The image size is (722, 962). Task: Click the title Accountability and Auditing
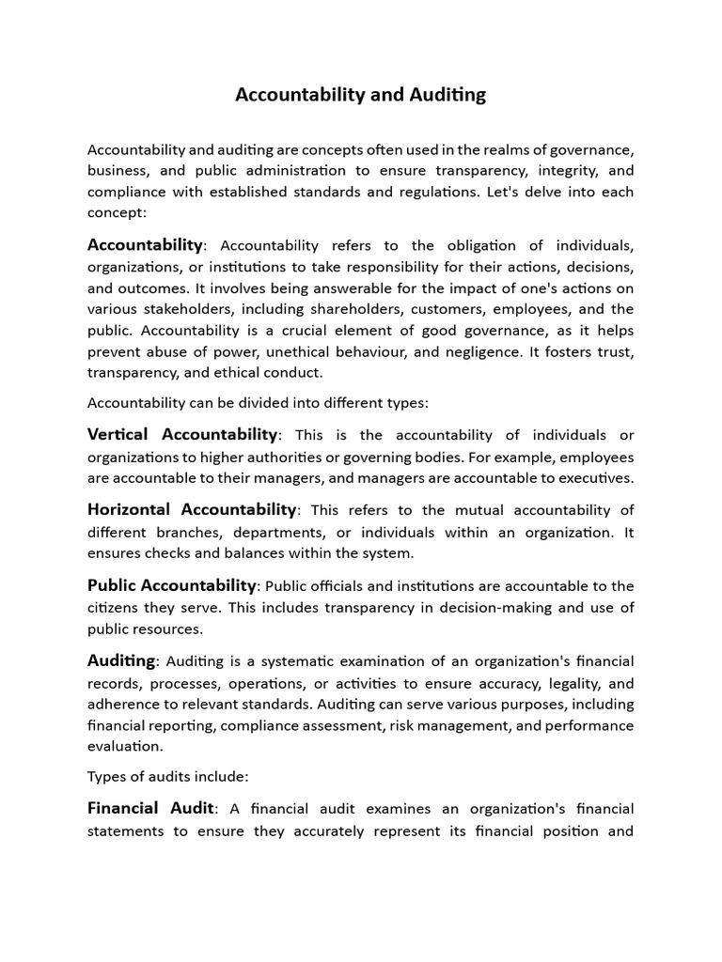[360, 95]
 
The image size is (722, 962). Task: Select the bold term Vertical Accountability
[182, 435]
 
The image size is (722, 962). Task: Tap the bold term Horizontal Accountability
[192, 510]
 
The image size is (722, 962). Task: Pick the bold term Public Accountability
[171, 585]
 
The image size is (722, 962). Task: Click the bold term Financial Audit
[150, 809]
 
